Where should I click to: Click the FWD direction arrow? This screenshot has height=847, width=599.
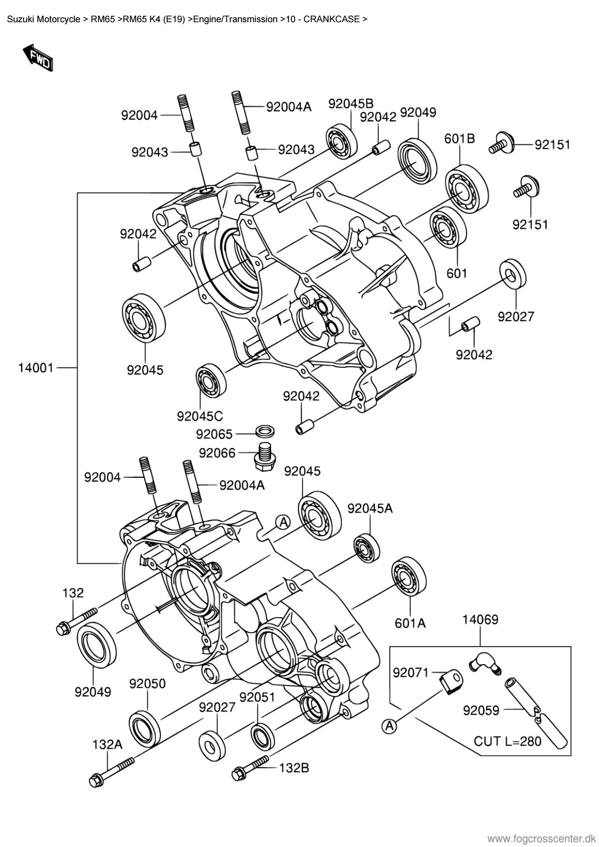click(x=37, y=57)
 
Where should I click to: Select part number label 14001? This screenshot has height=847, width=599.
click(x=36, y=368)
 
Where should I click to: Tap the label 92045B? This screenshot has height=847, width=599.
click(x=351, y=104)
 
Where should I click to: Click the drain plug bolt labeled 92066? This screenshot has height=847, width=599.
click(x=263, y=456)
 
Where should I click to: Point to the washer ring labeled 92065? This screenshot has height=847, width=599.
click(x=263, y=430)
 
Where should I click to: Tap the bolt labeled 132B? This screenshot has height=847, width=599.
click(x=251, y=767)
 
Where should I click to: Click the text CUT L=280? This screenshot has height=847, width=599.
click(x=507, y=741)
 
